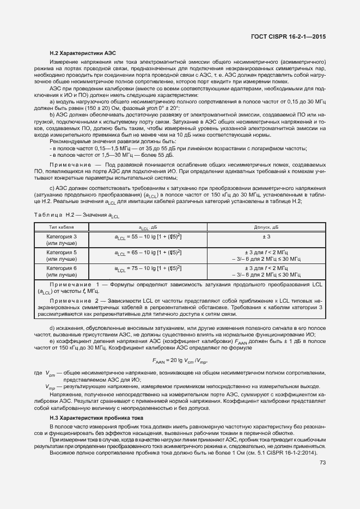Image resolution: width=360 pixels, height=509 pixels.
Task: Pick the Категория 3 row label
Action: (61, 240)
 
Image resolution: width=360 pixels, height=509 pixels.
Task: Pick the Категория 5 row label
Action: (61, 256)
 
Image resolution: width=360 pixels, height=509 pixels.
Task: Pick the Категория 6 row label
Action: (61, 272)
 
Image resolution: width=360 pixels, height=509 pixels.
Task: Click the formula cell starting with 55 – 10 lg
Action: (148, 237)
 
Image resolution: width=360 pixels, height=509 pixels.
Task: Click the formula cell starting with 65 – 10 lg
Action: (148, 253)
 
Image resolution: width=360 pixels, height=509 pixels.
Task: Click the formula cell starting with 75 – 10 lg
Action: (148, 269)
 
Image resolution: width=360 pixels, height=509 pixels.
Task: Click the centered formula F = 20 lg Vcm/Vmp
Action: (180, 360)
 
